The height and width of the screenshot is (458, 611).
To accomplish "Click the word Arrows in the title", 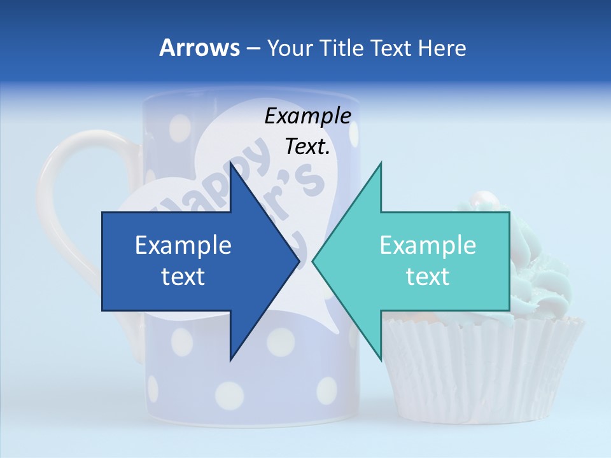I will (x=199, y=48).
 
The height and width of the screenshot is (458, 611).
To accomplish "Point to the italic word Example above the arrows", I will (x=307, y=116).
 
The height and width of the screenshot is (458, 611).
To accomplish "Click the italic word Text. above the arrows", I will (x=307, y=147).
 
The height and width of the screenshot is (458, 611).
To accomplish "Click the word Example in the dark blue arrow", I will (x=183, y=246).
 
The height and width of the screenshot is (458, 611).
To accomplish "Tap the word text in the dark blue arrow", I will (x=183, y=277).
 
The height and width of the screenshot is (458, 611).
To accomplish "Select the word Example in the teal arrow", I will (x=428, y=246).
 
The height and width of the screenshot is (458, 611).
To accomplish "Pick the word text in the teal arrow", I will (x=428, y=277).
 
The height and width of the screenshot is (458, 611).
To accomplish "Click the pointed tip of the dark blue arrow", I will (x=297, y=261).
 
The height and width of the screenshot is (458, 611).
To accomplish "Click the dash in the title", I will (x=253, y=48).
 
